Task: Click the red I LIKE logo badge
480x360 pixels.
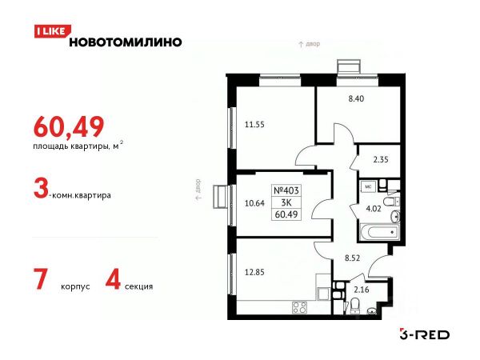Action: [52, 31]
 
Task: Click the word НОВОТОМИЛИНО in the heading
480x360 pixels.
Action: [126, 42]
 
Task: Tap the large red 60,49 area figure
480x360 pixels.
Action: [69, 126]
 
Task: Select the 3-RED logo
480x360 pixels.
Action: [425, 334]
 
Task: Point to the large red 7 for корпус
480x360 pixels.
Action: [41, 279]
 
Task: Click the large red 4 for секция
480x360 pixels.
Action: [113, 279]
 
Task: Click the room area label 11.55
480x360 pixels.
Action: [254, 125]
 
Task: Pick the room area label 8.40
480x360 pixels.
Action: [356, 98]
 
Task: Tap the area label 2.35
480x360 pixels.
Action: [381, 159]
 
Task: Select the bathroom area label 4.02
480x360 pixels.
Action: [374, 209]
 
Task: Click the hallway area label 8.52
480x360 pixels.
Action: [352, 258]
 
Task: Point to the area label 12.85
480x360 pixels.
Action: [254, 272]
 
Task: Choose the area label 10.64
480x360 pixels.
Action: [254, 203]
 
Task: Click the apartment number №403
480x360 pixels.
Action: [286, 190]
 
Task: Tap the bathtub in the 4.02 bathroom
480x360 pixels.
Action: [379, 232]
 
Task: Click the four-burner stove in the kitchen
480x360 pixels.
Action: [300, 307]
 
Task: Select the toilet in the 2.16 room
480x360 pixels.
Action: [354, 306]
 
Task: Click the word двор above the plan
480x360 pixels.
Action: [313, 44]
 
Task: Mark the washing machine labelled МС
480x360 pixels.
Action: [368, 186]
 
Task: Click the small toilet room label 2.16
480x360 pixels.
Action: [362, 290]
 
